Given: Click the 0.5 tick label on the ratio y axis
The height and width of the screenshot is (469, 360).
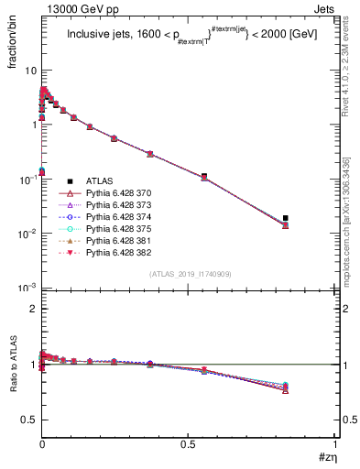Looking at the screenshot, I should point(27,420).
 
